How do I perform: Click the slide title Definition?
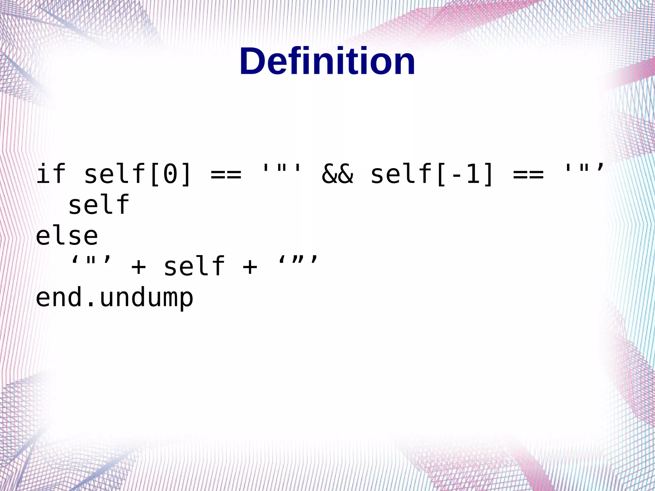click(x=327, y=61)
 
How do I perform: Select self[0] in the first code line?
click(x=138, y=174)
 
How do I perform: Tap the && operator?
click(x=337, y=174)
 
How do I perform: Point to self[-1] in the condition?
click(x=432, y=174)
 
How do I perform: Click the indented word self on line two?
click(x=99, y=205)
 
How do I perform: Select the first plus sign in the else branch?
click(x=138, y=267)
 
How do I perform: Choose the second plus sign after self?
click(x=250, y=267)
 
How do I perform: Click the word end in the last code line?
click(x=59, y=297)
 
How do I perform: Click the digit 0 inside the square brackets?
click(x=170, y=174)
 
